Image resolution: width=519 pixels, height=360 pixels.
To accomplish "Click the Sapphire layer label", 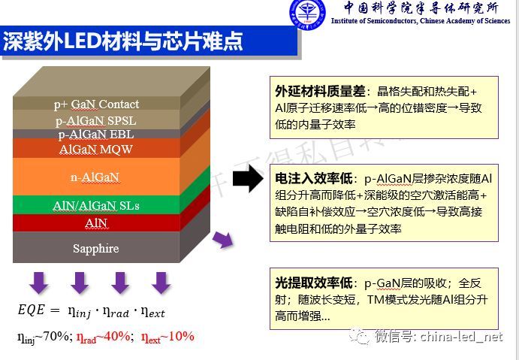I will (x=96, y=249).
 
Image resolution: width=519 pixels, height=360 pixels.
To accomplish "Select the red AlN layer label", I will (x=96, y=222).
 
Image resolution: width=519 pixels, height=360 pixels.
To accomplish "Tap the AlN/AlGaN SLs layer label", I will (x=96, y=205).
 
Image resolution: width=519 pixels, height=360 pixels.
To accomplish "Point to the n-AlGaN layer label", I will (x=96, y=177).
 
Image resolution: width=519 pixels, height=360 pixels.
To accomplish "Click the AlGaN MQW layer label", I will (x=96, y=149).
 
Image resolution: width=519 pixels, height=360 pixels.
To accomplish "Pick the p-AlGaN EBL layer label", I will (x=96, y=135).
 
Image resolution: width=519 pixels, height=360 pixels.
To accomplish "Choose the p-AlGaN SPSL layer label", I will (x=96, y=119).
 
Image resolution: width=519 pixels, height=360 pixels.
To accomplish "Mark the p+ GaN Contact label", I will (x=96, y=104).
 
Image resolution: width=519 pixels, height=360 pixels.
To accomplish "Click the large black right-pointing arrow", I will (x=247, y=180).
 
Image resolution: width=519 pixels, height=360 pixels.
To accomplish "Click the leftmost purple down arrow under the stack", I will (x=40, y=283).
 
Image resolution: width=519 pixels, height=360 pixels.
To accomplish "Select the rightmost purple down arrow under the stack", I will (x=160, y=283).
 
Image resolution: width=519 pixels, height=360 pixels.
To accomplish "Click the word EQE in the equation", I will (x=32, y=310).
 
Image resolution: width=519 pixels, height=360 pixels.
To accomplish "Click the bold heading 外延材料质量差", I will (x=320, y=91).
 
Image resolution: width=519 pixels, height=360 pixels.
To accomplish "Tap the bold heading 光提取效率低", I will (x=314, y=283).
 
